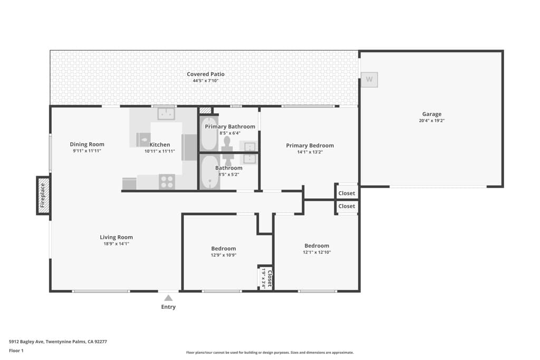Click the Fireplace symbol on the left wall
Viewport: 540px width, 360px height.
(x=44, y=196)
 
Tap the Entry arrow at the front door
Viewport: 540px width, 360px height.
(x=168, y=298)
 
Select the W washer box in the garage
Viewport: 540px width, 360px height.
(x=369, y=80)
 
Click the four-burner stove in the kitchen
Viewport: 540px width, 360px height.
(x=167, y=181)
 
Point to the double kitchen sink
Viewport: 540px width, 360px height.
(x=166, y=113)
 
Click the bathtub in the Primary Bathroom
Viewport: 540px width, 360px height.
(x=209, y=135)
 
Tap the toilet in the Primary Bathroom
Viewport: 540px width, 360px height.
(x=227, y=142)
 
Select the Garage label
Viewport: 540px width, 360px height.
(x=431, y=114)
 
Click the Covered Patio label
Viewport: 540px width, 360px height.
(x=206, y=74)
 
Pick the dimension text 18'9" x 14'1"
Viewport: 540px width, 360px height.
(x=117, y=244)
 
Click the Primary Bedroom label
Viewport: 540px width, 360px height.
(x=310, y=145)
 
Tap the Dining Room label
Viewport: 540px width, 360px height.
(x=87, y=144)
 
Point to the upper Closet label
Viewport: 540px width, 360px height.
(x=346, y=193)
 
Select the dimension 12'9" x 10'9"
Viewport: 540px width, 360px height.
(x=224, y=255)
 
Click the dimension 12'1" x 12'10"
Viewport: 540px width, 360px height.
(x=316, y=252)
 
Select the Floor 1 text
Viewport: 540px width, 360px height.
(x=17, y=351)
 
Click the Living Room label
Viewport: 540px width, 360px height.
(x=117, y=237)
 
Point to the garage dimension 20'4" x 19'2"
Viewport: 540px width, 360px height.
(x=431, y=121)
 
